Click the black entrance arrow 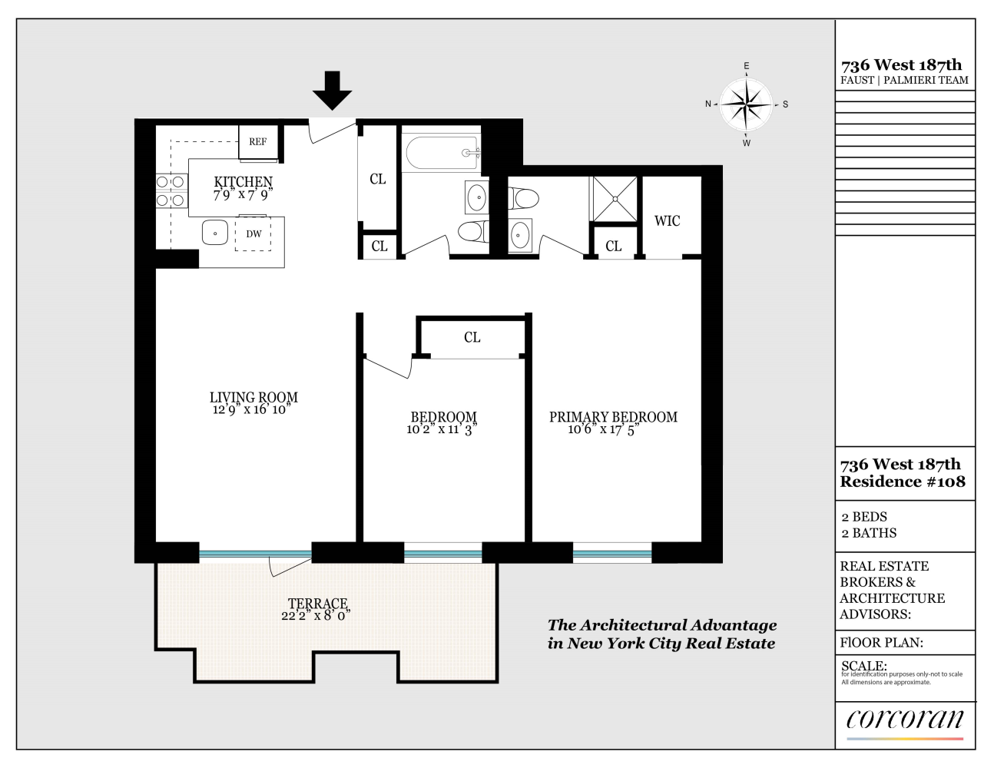(332, 90)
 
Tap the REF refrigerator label (257, 142)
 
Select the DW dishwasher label (253, 234)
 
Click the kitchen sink (215, 233)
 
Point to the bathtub (442, 153)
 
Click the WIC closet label (667, 221)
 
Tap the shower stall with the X (614, 199)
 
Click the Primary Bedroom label (613, 417)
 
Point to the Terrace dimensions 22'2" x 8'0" (316, 616)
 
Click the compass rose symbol (746, 104)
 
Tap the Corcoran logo (904, 720)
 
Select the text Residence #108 (902, 482)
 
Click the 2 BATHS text (869, 533)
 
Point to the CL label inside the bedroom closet (472, 337)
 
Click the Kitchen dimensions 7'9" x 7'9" (243, 195)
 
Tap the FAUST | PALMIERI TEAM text (904, 80)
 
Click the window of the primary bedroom (611, 552)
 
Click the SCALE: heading (863, 666)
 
